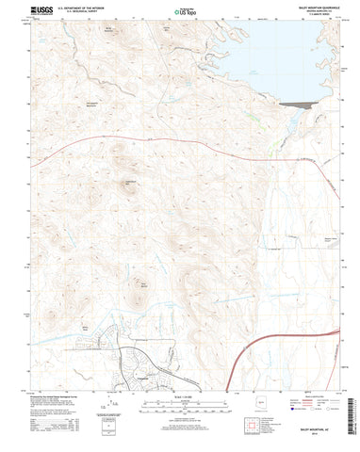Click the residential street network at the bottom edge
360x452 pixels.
click(x=141, y=363)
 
